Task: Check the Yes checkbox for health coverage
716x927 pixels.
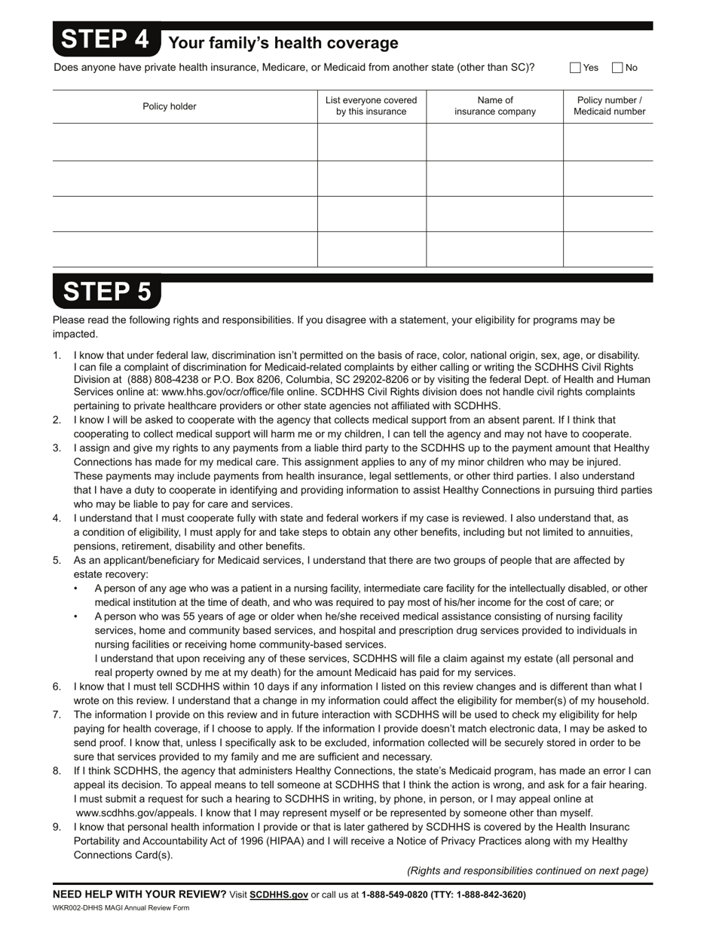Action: (576, 68)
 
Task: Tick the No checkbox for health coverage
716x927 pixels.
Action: (617, 68)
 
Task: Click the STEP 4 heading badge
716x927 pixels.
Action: (106, 40)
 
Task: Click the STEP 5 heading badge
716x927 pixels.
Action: (106, 292)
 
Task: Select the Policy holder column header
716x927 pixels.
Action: (170, 106)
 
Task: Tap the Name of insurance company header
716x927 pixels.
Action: (495, 106)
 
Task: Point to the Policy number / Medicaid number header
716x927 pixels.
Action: (609, 106)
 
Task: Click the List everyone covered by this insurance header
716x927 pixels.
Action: (371, 106)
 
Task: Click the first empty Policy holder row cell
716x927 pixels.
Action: (185, 142)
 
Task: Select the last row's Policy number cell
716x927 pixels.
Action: (608, 249)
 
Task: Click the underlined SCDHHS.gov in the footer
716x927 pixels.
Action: (279, 895)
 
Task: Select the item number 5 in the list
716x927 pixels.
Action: (57, 561)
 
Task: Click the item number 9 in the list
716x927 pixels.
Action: (57, 827)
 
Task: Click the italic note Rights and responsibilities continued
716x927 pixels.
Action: (528, 870)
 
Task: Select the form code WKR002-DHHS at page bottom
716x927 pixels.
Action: (76, 907)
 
